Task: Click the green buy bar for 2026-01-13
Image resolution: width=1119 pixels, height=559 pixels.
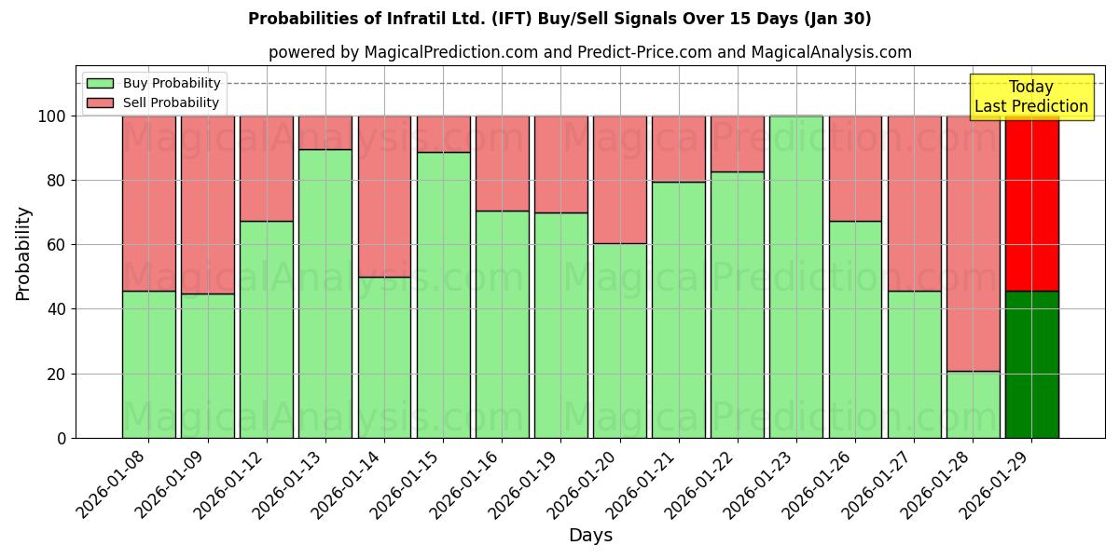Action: [x=325, y=293]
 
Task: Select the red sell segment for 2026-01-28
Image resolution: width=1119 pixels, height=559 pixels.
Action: [x=973, y=243]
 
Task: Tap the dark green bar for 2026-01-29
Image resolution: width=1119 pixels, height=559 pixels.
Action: [x=1031, y=364]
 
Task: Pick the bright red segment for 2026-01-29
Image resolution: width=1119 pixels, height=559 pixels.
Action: [x=1031, y=203]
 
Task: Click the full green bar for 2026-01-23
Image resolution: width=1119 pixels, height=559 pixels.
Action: [x=796, y=277]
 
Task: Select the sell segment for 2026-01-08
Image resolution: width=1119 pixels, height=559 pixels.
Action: [x=148, y=203]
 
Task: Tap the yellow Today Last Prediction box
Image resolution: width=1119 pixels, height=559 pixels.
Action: [x=1031, y=97]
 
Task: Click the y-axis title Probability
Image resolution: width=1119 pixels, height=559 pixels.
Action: [x=23, y=252]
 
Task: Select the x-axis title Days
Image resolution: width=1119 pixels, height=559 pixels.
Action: [x=590, y=536]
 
